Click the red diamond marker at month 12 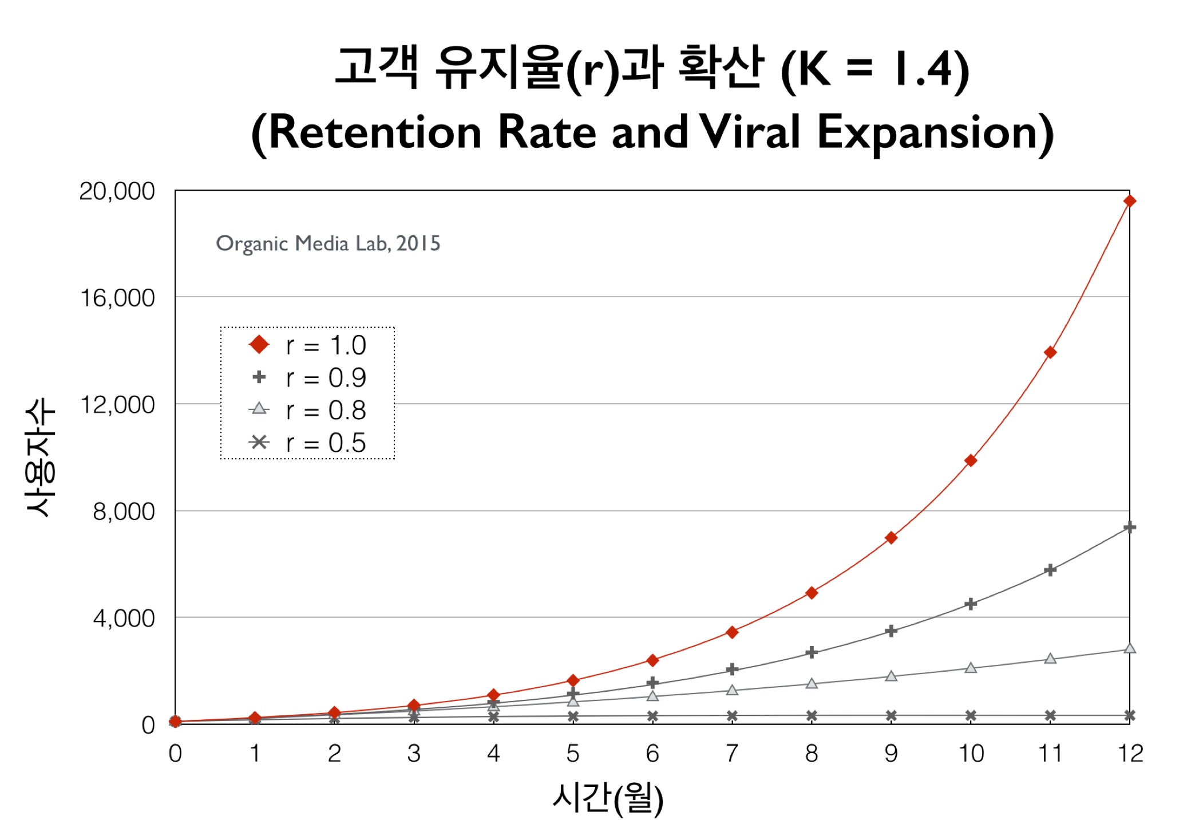click(x=1129, y=201)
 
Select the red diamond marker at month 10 click(x=971, y=460)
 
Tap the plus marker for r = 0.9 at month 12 click(x=1129, y=527)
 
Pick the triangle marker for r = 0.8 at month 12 click(x=1129, y=648)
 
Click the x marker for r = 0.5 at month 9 click(x=891, y=715)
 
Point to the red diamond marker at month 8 click(x=812, y=593)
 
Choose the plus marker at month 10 click(x=971, y=604)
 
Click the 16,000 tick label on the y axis click(x=117, y=298)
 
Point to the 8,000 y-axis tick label click(x=124, y=511)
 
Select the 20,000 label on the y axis click(x=117, y=191)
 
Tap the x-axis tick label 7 click(x=732, y=754)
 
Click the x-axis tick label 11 click(x=1050, y=754)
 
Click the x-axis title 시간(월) click(x=608, y=797)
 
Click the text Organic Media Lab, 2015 click(x=328, y=243)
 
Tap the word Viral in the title click(x=750, y=132)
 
